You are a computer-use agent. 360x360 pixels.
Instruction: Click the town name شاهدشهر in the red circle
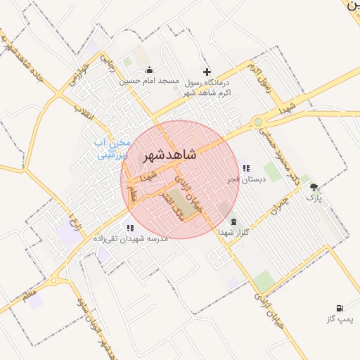(169, 155)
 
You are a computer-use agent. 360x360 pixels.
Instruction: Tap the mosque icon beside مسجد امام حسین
(149, 70)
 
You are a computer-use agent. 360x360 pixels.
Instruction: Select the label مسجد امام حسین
(150, 82)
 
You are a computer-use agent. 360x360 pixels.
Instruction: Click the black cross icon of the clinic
(207, 72)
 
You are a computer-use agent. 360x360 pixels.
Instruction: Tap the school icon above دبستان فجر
(245, 168)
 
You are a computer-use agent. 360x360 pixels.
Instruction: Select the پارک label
(314, 198)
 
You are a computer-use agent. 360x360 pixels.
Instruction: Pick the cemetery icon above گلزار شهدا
(233, 222)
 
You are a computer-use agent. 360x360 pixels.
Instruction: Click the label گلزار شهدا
(234, 232)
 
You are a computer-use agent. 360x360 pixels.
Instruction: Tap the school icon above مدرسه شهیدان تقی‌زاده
(130, 228)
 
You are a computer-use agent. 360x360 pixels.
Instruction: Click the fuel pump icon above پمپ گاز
(340, 308)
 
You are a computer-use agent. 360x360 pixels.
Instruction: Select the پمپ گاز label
(338, 319)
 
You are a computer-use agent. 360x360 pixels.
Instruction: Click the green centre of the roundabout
(259, 122)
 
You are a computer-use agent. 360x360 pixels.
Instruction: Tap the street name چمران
(280, 205)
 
